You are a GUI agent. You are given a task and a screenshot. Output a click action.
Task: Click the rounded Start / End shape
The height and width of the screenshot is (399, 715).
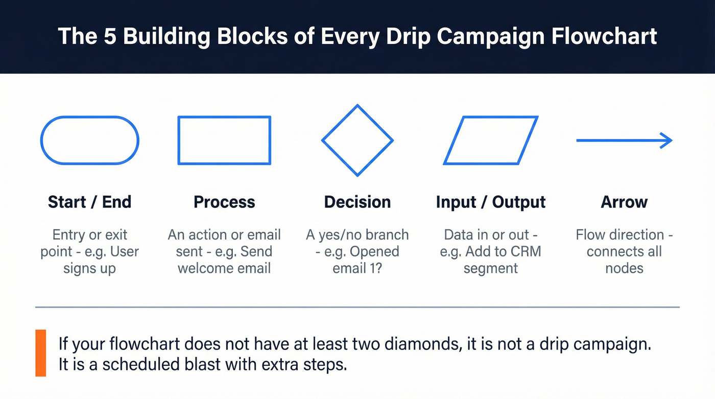point(89,140)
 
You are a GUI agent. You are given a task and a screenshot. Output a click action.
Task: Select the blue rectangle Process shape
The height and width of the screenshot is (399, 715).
point(224,140)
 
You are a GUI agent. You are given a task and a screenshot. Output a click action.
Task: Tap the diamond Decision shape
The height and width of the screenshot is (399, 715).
point(357,140)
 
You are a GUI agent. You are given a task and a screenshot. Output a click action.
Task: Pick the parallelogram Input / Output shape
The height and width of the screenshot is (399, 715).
point(490,140)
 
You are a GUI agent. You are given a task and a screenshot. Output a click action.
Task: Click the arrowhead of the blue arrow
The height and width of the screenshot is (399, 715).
point(666,140)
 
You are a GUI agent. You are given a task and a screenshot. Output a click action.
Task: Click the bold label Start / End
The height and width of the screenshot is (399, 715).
point(89,202)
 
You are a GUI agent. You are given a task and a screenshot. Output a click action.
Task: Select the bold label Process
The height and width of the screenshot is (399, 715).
point(224,202)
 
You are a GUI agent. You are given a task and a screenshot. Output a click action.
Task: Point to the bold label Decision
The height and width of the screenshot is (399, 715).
point(357,202)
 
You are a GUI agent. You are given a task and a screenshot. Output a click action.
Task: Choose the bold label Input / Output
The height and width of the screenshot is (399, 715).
point(490,202)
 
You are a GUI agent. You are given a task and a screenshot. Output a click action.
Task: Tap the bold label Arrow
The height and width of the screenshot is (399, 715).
point(624,202)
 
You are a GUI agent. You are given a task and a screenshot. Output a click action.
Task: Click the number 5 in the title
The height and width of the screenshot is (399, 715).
point(110,37)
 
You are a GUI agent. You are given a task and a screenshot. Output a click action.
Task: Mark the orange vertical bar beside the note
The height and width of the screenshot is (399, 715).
point(40,353)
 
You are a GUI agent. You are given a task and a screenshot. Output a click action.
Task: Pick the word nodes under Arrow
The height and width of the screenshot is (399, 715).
point(624,268)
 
